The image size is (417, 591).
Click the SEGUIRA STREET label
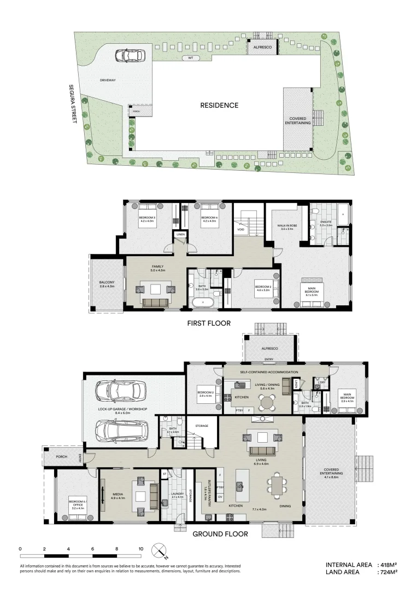pos(71,103)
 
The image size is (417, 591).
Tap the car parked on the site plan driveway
pos(130,55)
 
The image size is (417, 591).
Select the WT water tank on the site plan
pos(190,57)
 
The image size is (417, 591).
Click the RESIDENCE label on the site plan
pos(219,105)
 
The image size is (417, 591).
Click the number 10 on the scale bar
pos(141,548)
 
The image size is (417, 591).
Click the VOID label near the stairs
pos(240,230)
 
